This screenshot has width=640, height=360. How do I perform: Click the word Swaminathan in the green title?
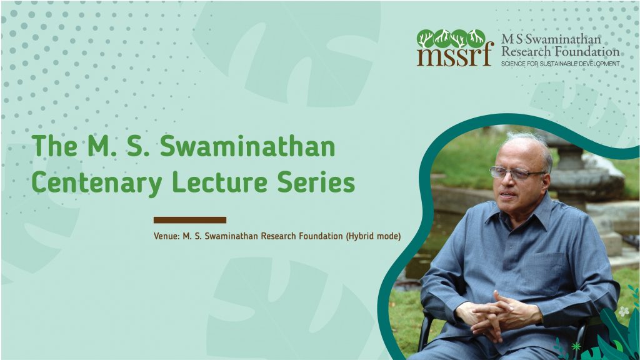point(247,146)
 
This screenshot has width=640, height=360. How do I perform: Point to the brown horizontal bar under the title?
point(190,220)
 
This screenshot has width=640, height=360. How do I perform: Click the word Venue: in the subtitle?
point(166,236)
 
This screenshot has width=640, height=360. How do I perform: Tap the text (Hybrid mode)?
point(373,236)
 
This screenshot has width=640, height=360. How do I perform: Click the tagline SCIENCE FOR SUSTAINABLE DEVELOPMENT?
point(561,64)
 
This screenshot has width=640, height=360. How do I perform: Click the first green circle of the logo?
point(425,39)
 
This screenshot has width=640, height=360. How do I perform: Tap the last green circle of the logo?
point(476,39)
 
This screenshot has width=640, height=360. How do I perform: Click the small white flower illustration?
point(624,312)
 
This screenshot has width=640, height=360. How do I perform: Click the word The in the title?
point(54,146)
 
